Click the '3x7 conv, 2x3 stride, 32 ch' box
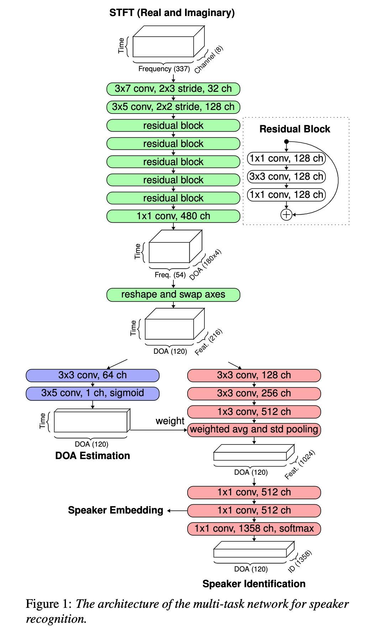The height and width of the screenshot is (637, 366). (x=173, y=89)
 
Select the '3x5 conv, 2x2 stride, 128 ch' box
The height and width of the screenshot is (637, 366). (x=173, y=107)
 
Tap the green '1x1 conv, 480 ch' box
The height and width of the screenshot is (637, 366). (x=173, y=216)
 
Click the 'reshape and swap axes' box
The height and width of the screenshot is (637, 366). (x=173, y=295)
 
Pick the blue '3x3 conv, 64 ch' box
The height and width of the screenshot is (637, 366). (x=92, y=375)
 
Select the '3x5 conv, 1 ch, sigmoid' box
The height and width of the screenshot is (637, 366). (x=92, y=393)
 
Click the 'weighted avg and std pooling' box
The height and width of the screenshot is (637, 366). (x=254, y=429)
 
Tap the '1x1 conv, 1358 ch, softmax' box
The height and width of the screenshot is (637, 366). (x=254, y=528)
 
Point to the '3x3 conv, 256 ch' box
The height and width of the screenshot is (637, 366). (x=254, y=393)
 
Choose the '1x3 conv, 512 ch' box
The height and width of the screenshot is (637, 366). (x=254, y=412)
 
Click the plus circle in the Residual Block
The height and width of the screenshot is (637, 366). (x=286, y=215)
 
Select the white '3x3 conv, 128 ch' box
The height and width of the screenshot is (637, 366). (x=286, y=177)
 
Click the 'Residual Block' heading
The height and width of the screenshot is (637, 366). (x=295, y=129)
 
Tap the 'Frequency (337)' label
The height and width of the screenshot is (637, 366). (x=164, y=69)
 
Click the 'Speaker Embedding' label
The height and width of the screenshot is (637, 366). (x=115, y=510)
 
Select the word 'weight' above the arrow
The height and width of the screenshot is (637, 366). (x=170, y=421)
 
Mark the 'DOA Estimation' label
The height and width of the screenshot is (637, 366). (x=92, y=456)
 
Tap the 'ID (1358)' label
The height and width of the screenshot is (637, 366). (x=300, y=561)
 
